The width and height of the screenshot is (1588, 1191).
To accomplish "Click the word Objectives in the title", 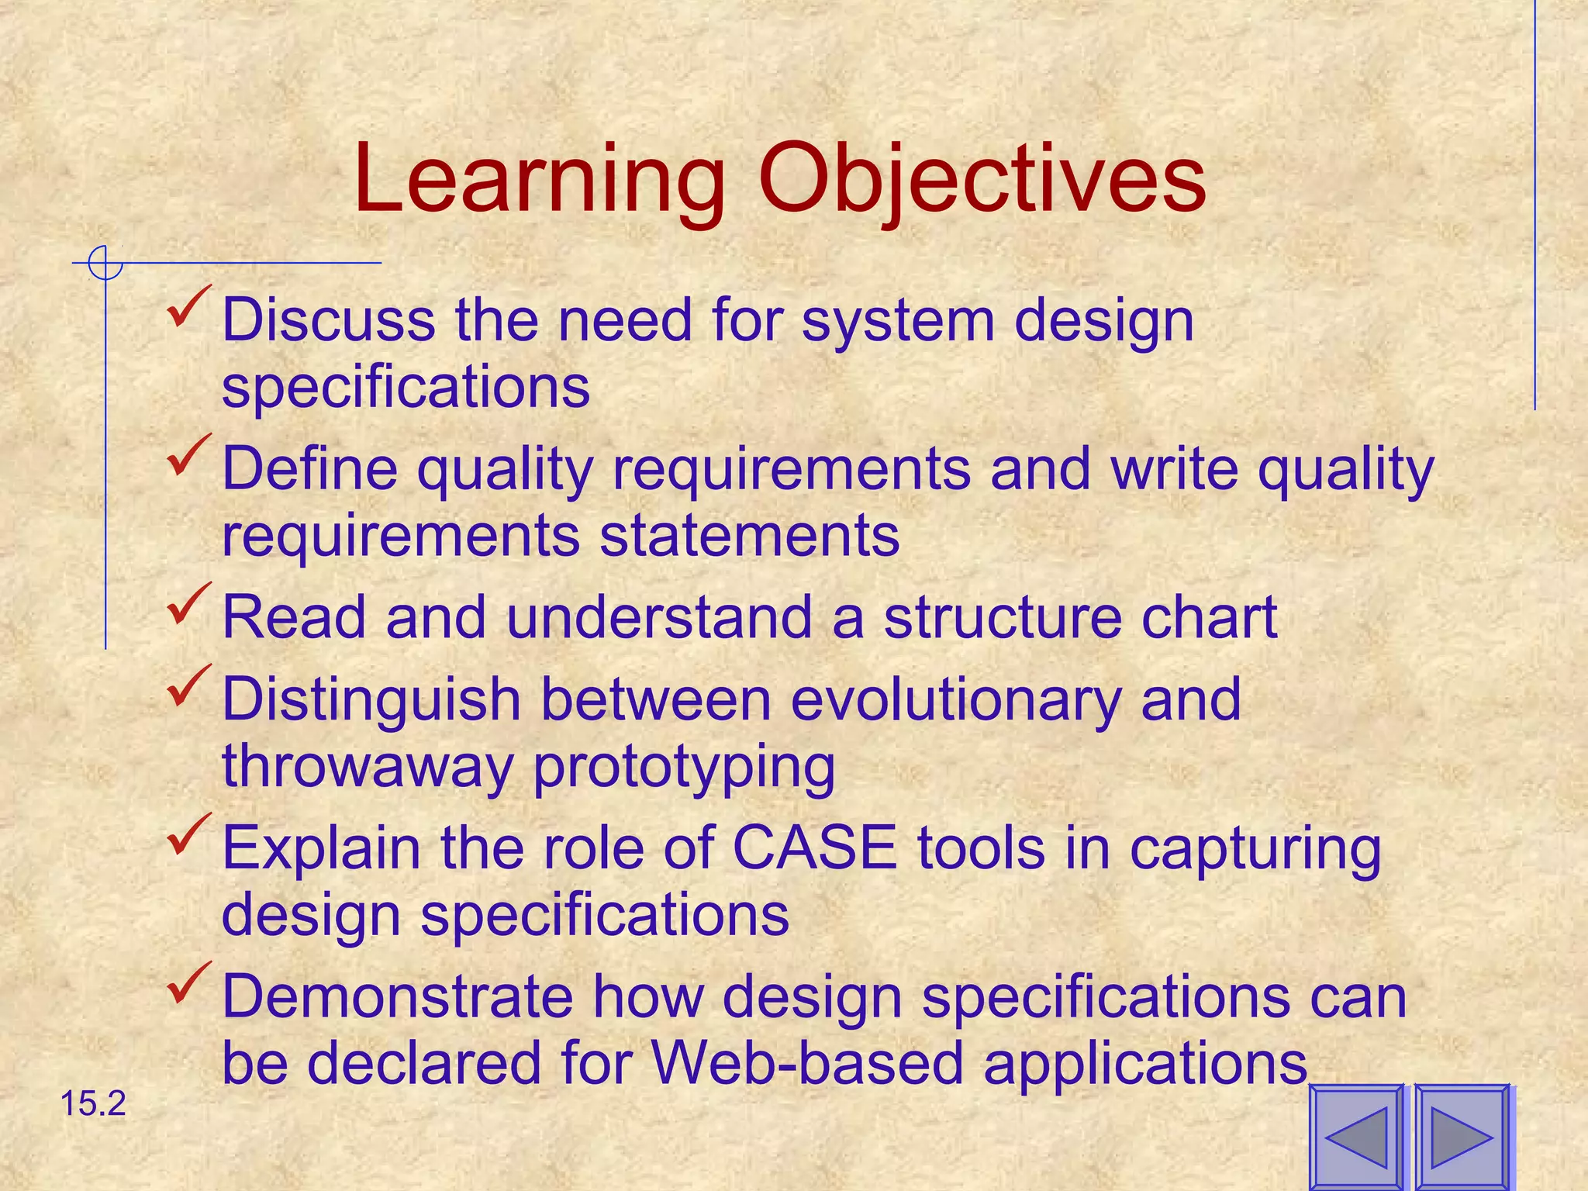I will [982, 180].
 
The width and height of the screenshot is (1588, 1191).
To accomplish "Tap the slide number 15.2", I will [92, 1103].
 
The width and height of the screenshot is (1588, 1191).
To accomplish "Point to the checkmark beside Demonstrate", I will [188, 983].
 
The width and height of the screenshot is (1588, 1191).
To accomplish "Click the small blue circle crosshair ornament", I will [105, 263].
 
